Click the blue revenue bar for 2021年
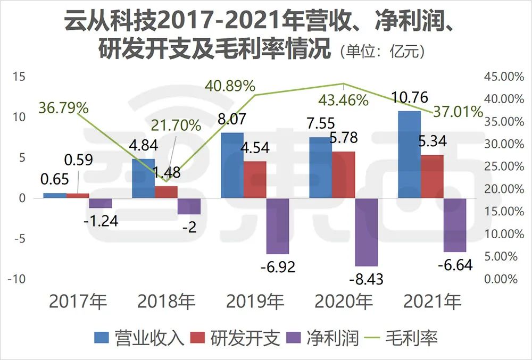click(409, 154)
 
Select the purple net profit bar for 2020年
click(366, 232)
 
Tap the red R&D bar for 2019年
click(255, 180)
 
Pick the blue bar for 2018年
click(143, 178)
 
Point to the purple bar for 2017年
click(100, 203)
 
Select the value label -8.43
click(367, 278)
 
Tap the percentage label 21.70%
click(176, 126)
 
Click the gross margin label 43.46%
click(343, 99)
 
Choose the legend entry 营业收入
click(139, 338)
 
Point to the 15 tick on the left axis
click(19, 77)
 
